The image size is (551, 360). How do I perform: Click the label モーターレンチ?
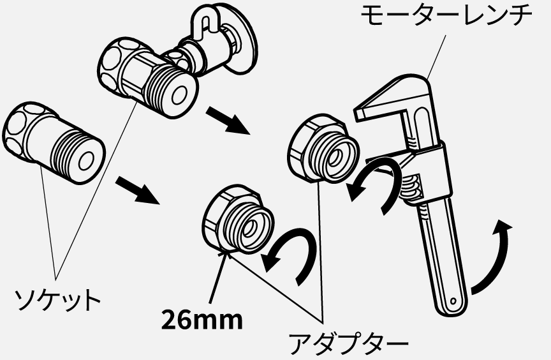(x=446, y=15)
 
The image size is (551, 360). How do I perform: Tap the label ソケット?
(x=57, y=300)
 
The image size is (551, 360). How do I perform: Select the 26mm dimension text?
(x=202, y=320)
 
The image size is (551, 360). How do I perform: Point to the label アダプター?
(x=348, y=344)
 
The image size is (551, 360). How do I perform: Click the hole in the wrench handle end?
(x=453, y=301)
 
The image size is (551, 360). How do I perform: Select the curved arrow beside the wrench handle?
(x=492, y=257)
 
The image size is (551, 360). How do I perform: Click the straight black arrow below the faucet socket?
(x=228, y=121)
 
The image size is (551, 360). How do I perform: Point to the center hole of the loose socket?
(x=85, y=161)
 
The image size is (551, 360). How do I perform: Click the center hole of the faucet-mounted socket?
(x=179, y=95)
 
